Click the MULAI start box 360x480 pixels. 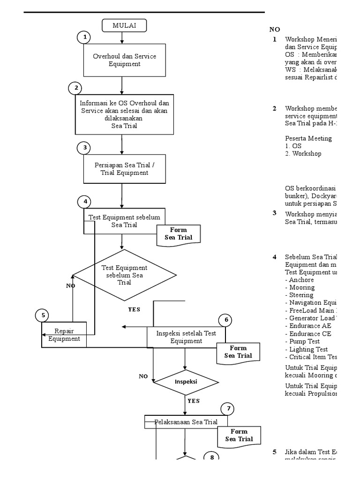[x=124, y=26]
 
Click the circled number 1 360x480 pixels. [x=84, y=37]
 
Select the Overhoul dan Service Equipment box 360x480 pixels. [x=124, y=60]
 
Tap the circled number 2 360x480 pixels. [x=75, y=88]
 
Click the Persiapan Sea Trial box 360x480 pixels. [x=124, y=169]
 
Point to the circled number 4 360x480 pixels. [x=85, y=202]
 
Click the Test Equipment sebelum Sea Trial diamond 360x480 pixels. [x=124, y=275]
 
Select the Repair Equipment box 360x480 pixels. [x=64, y=335]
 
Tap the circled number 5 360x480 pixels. [x=43, y=315]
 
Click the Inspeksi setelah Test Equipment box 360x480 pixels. [x=186, y=337]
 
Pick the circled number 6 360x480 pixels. [x=226, y=320]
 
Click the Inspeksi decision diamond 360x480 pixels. [x=186, y=382]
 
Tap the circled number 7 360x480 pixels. [x=228, y=409]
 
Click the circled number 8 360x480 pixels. [x=211, y=457]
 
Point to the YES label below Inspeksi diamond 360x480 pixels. [x=194, y=401]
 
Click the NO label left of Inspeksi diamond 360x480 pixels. [x=143, y=376]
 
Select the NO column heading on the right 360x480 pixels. [x=275, y=30]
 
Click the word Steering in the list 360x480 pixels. [x=302, y=295]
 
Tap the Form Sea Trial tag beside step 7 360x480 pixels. [x=239, y=435]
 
